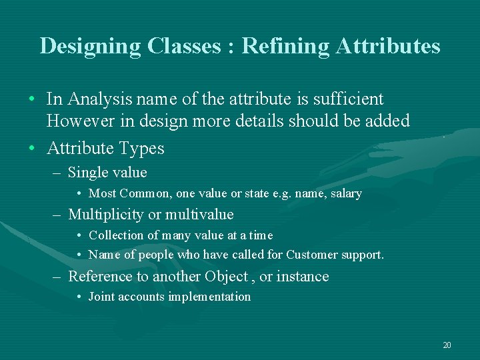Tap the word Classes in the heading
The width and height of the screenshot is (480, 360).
pyautogui.click(x=181, y=46)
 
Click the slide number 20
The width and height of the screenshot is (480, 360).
pyautogui.click(x=447, y=345)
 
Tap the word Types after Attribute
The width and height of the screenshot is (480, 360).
pyautogui.click(x=141, y=148)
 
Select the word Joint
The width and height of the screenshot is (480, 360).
pyautogui.click(x=102, y=297)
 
